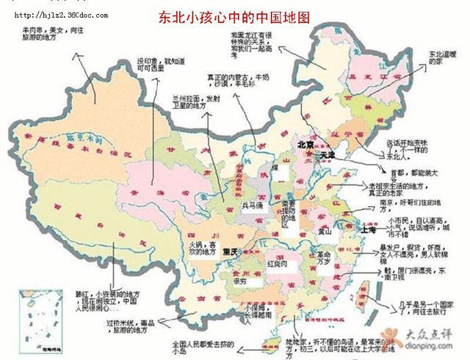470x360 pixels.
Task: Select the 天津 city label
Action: tap(327, 156)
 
